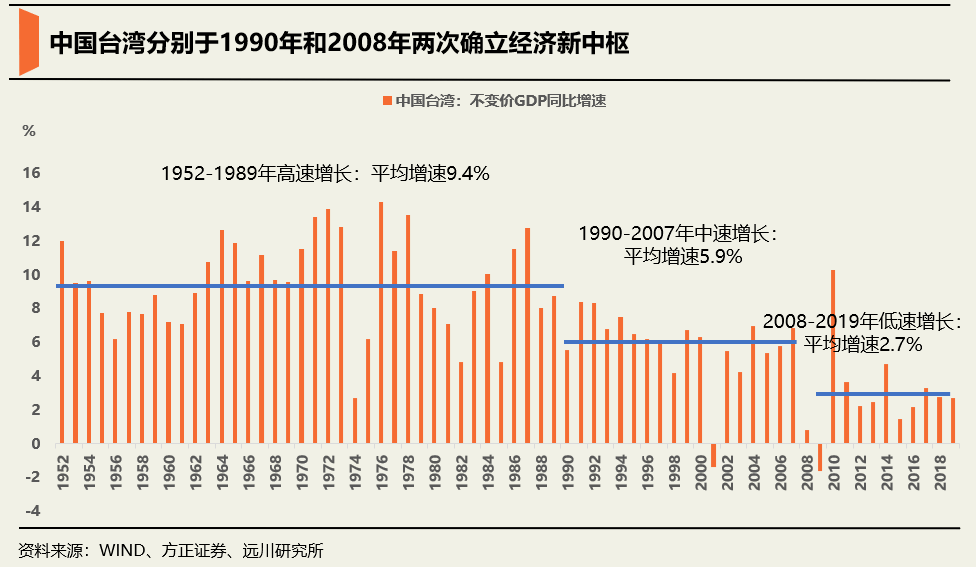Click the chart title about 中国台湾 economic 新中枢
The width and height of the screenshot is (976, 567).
[339, 43]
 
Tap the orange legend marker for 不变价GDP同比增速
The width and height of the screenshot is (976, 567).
[386, 101]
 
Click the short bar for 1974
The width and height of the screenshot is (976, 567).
[354, 420]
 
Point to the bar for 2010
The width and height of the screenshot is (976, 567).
[832, 356]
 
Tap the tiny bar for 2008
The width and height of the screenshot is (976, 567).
[806, 436]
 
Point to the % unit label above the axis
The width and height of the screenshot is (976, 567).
[29, 131]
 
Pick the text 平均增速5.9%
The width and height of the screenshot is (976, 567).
[683, 256]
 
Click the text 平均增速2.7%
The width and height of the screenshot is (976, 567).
[862, 344]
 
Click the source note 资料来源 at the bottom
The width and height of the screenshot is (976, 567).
[170, 550]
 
